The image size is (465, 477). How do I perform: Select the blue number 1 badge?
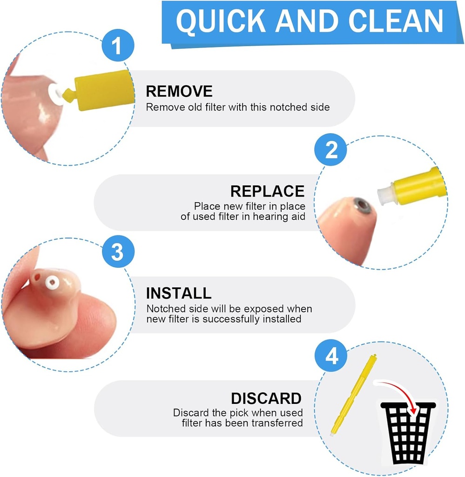click(117, 47)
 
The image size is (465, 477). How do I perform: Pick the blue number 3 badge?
click(117, 252)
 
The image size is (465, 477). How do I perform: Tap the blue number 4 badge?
click(331, 357)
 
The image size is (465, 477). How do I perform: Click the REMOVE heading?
click(179, 91)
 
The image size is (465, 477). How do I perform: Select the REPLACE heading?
click(267, 191)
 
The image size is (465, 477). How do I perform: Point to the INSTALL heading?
click(179, 293)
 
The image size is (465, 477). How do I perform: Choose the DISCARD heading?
click(266, 398)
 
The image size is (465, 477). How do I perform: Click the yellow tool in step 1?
click(100, 91)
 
